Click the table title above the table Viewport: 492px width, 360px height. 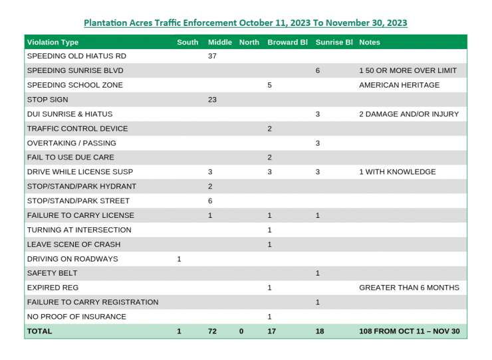(x=245, y=23)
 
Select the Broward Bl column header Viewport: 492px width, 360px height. (x=287, y=42)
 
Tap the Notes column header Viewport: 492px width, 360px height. (x=370, y=42)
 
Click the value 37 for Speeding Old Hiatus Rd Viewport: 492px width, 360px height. (x=213, y=56)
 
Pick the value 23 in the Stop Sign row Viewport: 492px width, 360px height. (x=213, y=100)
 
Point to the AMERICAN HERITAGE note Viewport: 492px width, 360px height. (x=399, y=85)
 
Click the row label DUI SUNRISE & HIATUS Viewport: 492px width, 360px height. (x=70, y=114)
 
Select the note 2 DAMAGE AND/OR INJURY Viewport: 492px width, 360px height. (x=409, y=114)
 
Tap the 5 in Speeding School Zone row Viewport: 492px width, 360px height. (x=270, y=85)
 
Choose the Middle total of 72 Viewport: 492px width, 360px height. (x=213, y=331)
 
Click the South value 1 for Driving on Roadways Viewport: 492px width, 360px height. (x=179, y=259)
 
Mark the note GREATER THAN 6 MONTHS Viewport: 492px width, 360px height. (x=409, y=288)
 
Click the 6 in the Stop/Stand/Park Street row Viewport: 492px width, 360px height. (x=210, y=201)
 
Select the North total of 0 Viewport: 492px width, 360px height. (x=241, y=331)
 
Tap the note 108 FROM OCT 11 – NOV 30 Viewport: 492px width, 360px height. (x=409, y=331)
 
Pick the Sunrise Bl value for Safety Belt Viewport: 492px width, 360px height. (x=318, y=273)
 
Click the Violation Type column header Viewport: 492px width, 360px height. (x=53, y=42)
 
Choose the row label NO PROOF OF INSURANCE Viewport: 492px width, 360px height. (x=76, y=317)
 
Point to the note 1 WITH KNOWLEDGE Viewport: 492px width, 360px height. (x=398, y=172)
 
